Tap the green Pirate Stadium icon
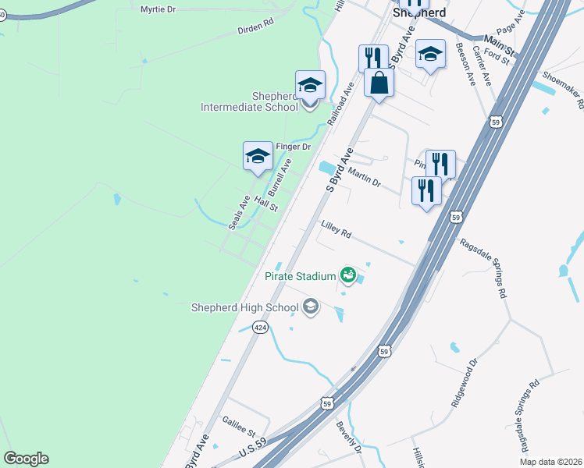(347, 275)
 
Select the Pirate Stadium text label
(299, 275)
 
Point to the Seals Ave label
(240, 212)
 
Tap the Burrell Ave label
(280, 177)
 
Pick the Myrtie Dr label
(159, 9)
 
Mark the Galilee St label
(238, 427)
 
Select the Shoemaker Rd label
(564, 92)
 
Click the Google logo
(26, 459)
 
